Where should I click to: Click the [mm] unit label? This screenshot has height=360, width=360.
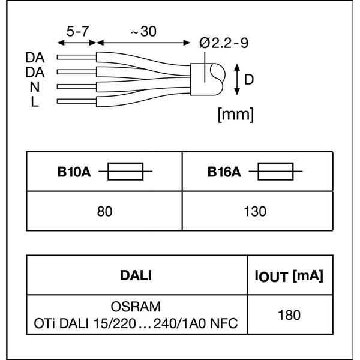click(236, 114)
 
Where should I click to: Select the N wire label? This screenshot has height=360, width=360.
click(35, 87)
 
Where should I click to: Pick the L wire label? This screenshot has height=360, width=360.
click(35, 101)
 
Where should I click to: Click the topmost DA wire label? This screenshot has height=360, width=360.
click(35, 58)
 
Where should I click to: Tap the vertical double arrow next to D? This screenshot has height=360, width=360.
click(238, 80)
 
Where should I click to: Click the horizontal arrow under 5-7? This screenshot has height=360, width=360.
click(77, 43)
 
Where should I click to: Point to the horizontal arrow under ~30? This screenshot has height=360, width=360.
click(145, 43)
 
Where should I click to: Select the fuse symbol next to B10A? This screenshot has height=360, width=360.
click(125, 173)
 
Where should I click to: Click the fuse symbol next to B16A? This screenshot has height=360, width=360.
click(275, 173)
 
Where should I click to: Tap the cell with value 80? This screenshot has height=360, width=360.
click(105, 211)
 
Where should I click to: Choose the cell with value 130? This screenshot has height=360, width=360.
click(256, 211)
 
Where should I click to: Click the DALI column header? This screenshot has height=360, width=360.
click(136, 275)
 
